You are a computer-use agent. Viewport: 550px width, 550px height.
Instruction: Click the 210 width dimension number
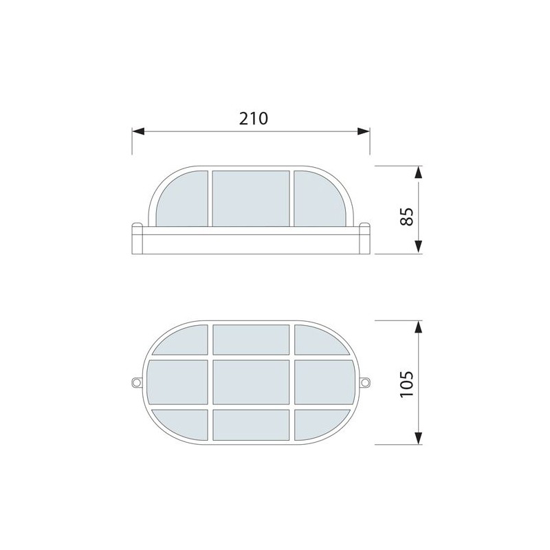coord(253,118)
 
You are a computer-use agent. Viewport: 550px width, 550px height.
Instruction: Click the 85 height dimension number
coord(407,217)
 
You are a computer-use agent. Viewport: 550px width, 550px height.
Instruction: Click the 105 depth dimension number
coord(407,384)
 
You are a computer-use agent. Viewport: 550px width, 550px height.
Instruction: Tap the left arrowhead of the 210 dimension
coord(138,131)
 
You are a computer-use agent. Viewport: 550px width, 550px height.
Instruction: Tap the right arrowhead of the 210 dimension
coord(364,131)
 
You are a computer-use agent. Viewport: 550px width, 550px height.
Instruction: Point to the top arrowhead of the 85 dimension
coord(418,173)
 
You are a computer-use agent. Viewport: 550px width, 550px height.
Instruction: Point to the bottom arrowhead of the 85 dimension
coord(418,247)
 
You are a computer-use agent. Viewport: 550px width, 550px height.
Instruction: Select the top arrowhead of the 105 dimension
coord(418,327)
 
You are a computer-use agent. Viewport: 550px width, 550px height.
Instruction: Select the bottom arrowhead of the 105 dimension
coord(418,438)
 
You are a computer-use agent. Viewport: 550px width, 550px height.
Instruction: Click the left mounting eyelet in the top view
coord(136,382)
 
